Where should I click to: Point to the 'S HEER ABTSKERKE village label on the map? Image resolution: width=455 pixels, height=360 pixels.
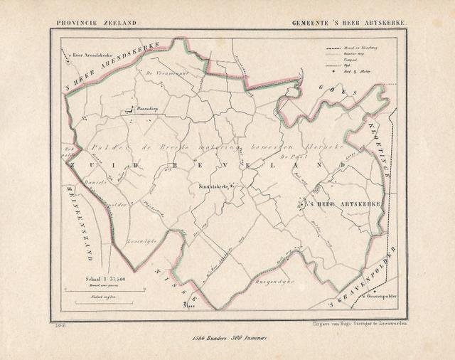(x=343, y=204)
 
